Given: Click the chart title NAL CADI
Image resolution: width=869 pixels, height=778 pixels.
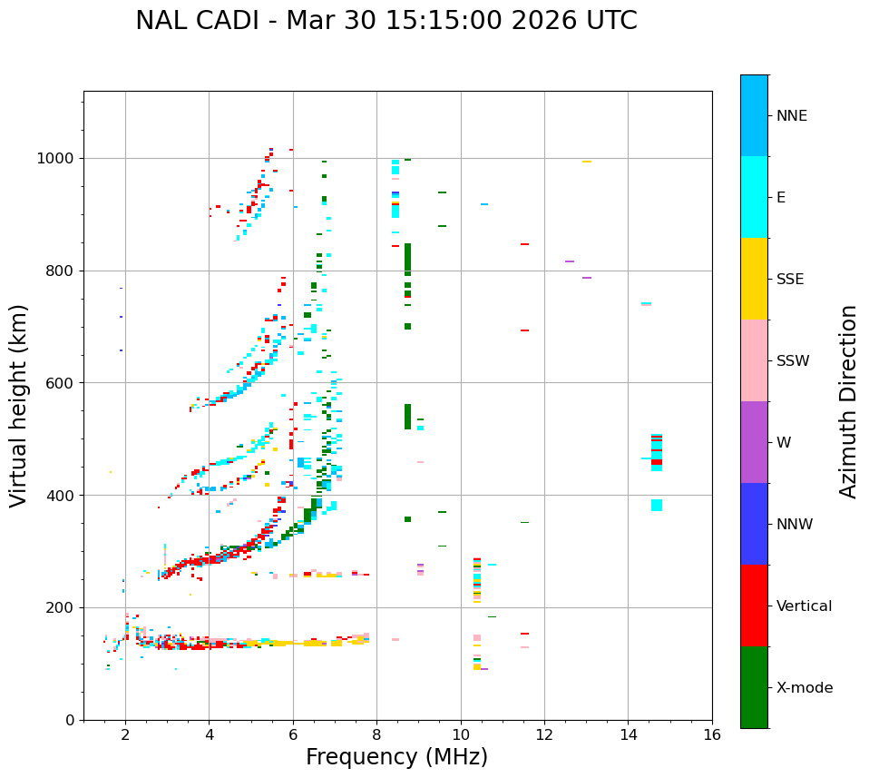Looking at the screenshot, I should coord(386,21).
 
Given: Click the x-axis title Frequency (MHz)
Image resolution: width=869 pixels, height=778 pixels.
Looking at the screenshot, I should coord(396,757).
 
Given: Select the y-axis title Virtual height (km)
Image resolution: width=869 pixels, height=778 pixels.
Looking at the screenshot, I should coord(20,406).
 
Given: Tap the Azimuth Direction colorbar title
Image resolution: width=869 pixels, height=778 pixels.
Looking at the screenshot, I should coord(848,401).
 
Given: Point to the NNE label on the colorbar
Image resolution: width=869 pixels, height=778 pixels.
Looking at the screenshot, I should coord(791,116).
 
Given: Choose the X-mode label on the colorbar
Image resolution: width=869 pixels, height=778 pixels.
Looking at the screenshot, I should coord(804,688).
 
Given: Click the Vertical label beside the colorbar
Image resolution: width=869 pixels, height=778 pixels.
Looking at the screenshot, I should coord(804,606).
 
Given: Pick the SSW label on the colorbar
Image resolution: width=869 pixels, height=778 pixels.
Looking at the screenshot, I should coord(792,361).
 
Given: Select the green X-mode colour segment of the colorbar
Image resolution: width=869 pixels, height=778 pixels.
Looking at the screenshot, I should coord(754,687).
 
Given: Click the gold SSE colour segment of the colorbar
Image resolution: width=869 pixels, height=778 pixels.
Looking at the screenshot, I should coord(754,279).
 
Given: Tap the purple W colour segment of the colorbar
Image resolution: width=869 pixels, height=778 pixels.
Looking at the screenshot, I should coord(754,442).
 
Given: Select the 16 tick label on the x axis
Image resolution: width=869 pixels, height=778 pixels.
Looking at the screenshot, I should coord(711,734).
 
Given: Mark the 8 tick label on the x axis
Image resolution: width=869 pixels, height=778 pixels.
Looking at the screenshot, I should coord(376,734).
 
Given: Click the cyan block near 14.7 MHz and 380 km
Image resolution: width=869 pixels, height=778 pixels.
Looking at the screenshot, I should coord(656,505).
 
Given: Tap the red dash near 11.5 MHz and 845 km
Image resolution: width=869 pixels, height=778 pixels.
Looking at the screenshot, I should coord(524,244).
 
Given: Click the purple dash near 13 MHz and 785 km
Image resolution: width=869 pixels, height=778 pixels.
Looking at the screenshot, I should coord(587,278).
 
